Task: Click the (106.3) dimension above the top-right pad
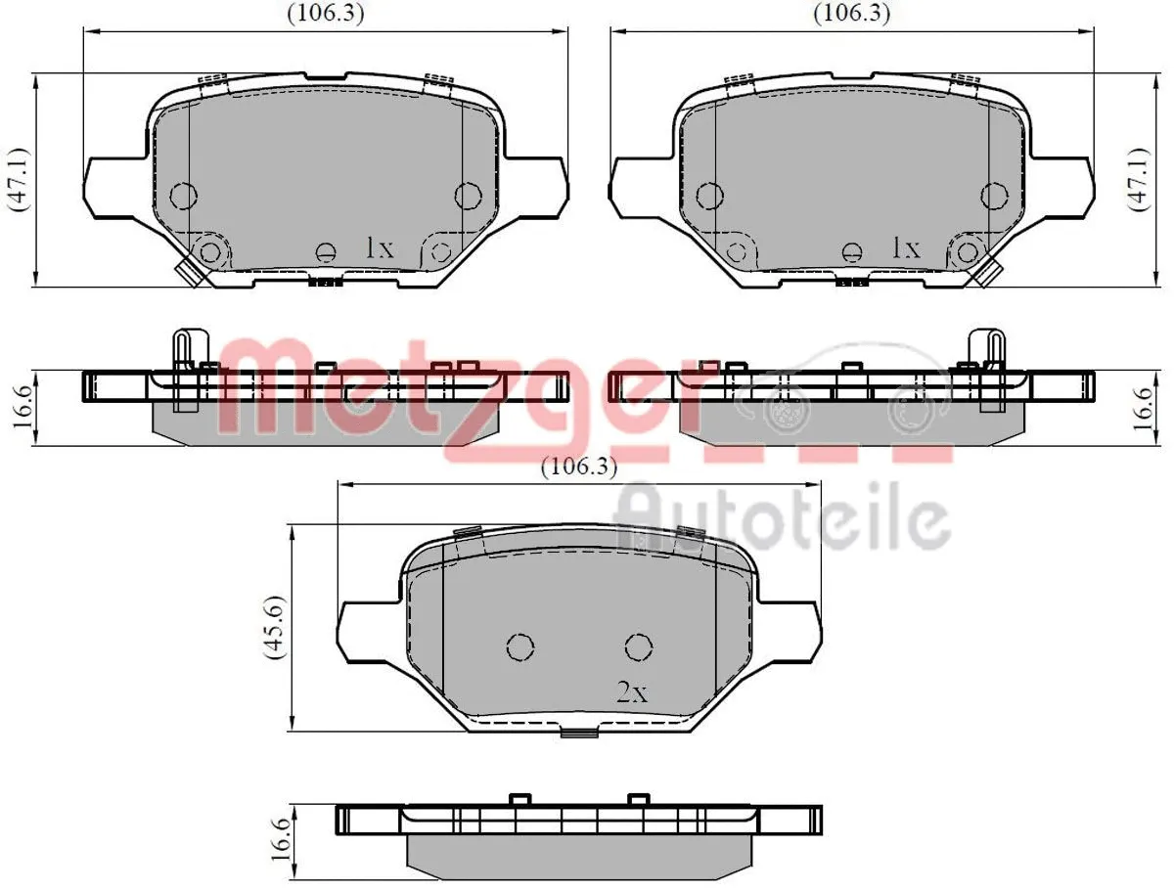click(x=852, y=14)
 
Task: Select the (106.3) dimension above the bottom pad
click(x=580, y=468)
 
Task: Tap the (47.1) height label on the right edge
click(x=1136, y=180)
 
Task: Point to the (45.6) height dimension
click(x=277, y=627)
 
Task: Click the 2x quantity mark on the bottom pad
click(x=632, y=693)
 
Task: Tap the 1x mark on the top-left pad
click(x=379, y=248)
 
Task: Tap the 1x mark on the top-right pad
click(x=906, y=248)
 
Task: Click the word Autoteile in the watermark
click(x=783, y=518)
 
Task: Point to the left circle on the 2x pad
click(x=520, y=646)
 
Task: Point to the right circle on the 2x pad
click(x=639, y=646)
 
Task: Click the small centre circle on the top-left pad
click(x=326, y=252)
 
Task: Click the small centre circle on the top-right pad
click(x=852, y=252)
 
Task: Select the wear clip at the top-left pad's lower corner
click(x=190, y=271)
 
